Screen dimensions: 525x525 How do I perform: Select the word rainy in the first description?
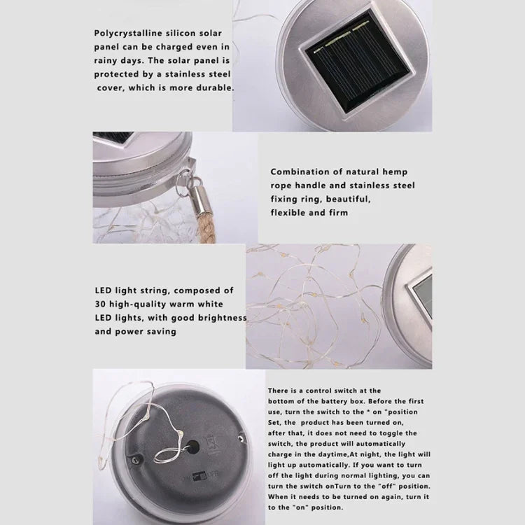108,61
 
